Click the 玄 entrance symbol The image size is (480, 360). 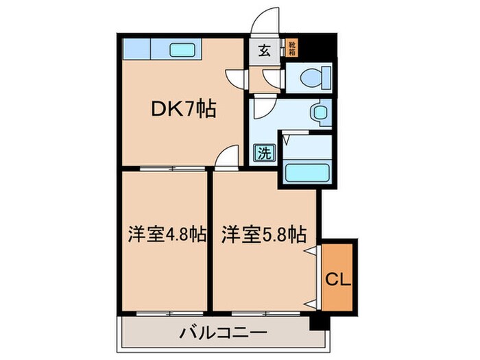coord(264,50)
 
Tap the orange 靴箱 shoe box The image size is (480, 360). coord(292,48)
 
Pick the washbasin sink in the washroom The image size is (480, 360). coord(318,112)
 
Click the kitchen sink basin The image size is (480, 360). coord(182,49)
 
